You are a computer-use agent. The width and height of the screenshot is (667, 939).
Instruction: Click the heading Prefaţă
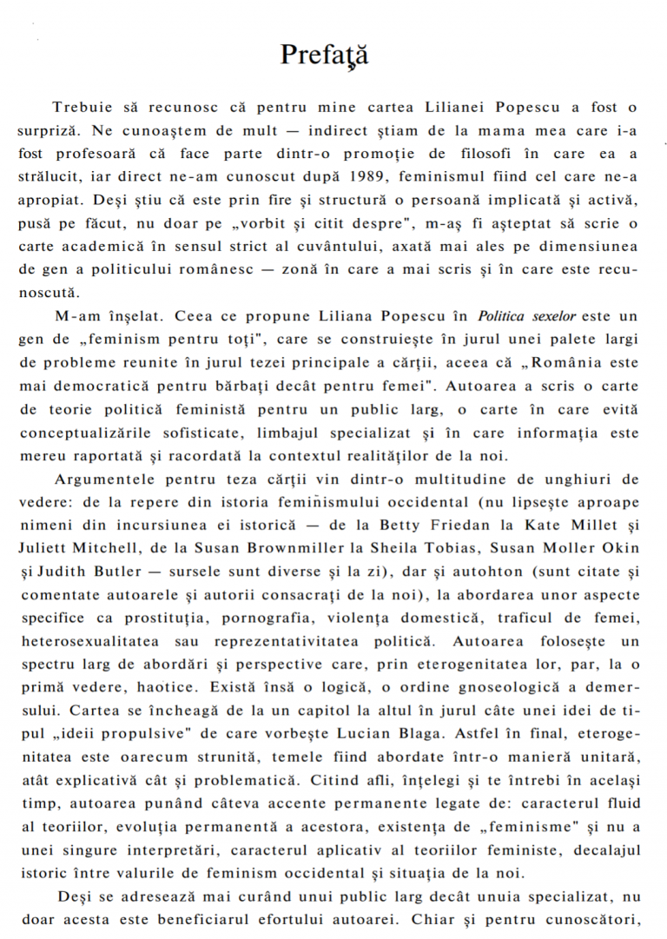pyautogui.click(x=324, y=55)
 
